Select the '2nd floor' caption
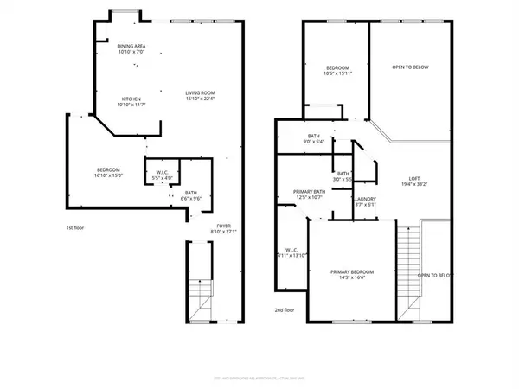coord(285,309)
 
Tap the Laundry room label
coord(364,201)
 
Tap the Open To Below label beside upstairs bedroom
coord(410,67)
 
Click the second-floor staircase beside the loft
coord(407,268)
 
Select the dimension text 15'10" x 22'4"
coord(200,99)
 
